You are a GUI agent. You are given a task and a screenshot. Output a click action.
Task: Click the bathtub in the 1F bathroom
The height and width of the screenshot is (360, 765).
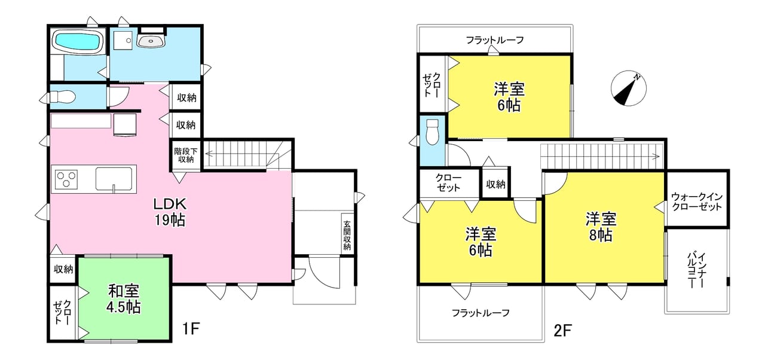[78, 41]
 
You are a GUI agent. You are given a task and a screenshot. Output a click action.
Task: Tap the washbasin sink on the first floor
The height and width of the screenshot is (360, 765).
[151, 41]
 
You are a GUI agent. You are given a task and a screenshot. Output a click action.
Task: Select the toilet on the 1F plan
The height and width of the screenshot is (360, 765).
[63, 97]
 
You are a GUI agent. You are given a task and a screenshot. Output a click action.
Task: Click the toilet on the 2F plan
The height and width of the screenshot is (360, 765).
[432, 132]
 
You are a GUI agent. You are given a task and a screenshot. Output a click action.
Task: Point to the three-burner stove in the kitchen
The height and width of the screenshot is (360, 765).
[66, 179]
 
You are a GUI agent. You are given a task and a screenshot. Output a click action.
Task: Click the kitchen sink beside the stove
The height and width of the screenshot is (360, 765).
[114, 179]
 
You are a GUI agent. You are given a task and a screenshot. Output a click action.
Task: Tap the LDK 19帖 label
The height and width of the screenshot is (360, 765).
[170, 212]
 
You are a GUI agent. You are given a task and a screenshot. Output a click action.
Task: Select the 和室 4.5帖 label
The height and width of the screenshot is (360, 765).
[124, 299]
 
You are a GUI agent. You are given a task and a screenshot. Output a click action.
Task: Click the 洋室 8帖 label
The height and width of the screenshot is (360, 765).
[601, 227]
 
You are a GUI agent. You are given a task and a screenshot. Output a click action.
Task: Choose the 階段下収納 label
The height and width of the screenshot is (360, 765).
[186, 155]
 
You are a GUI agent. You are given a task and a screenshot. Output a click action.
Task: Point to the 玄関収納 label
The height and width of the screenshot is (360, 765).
[347, 236]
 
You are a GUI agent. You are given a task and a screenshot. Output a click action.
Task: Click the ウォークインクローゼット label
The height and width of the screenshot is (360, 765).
[697, 202]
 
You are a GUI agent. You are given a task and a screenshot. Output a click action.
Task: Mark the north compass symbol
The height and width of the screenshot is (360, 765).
[628, 89]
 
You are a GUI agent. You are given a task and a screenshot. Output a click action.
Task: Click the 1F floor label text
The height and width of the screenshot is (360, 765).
[191, 329]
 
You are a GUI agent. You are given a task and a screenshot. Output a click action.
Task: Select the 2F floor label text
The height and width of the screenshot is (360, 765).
[562, 331]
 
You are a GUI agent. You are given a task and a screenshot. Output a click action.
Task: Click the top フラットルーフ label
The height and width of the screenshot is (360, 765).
[495, 40]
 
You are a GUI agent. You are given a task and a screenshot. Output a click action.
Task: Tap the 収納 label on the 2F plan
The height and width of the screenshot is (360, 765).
[495, 184]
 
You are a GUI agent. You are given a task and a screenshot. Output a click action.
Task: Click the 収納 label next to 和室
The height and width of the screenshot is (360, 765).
[63, 269]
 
